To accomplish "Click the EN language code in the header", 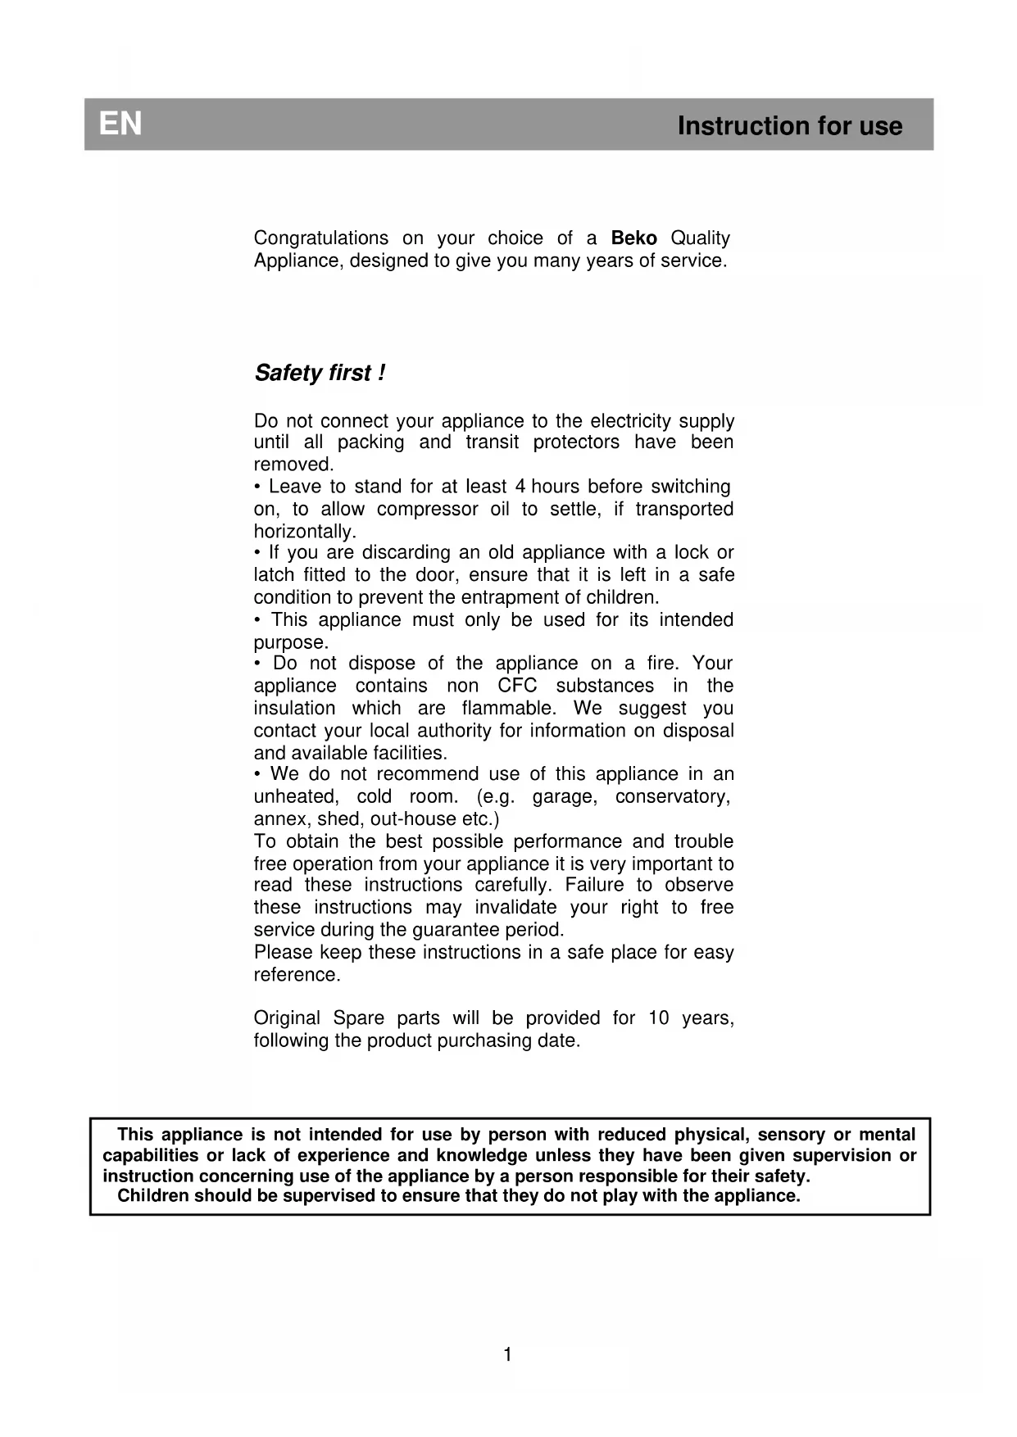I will click(x=120, y=125).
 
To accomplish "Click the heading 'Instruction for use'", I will click(x=789, y=126).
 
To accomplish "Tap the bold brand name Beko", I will click(x=633, y=238).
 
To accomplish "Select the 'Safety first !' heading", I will click(x=320, y=374).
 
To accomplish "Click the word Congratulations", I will click(x=321, y=238).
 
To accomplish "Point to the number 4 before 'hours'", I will click(x=520, y=487).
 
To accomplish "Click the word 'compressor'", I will click(x=427, y=510).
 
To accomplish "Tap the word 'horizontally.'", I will click(x=305, y=532).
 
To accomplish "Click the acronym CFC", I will click(x=517, y=687).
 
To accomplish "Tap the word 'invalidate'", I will click(x=515, y=908).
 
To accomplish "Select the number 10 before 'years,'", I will click(x=659, y=1018).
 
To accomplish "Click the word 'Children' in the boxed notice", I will click(x=153, y=1196).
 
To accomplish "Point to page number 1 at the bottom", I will click(x=507, y=1355).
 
